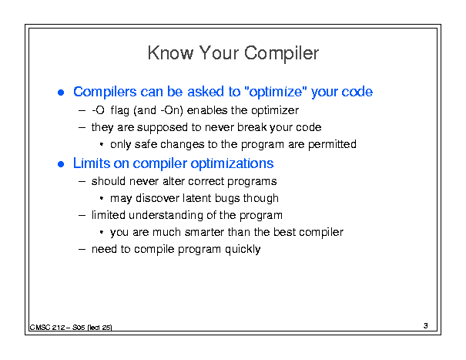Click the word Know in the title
tap(170, 53)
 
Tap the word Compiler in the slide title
tap(281, 54)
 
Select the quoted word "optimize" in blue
tap(275, 92)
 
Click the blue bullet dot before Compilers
tap(61, 93)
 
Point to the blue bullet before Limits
tap(61, 164)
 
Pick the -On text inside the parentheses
tap(170, 110)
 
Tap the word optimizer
tap(275, 111)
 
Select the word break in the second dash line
tap(252, 127)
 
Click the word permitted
tap(332, 144)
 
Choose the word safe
tap(146, 144)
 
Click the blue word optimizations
tap(232, 163)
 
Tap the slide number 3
tap(426, 326)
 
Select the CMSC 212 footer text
tap(71, 328)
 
